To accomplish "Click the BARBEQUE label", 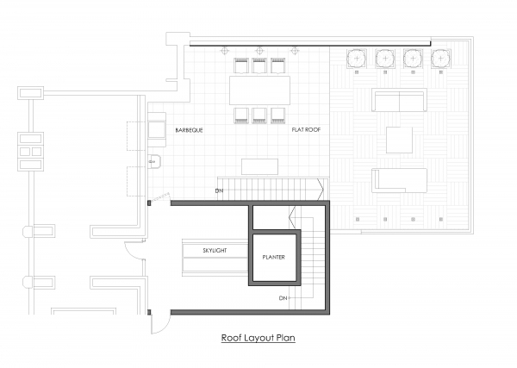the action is point(189,130).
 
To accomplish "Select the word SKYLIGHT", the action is point(215,250).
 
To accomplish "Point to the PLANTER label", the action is point(274,257).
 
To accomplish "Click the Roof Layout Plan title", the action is point(258,338).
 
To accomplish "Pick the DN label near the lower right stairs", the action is point(283,298).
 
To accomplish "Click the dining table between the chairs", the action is point(259,89).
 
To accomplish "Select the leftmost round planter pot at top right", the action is point(358,59).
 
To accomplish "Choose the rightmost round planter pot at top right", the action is point(441,59).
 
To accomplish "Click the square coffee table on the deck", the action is point(400,140).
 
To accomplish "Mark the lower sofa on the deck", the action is point(400,180).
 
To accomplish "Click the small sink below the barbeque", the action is point(156,161).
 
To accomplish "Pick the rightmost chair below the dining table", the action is point(277,114).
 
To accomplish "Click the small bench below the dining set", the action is point(259,166).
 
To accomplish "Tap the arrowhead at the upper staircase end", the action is point(320,187).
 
